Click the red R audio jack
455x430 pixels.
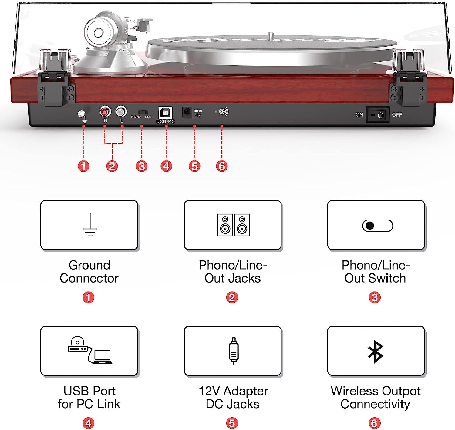(105, 112)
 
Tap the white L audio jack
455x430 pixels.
(121, 112)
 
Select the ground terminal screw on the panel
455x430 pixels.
(81, 114)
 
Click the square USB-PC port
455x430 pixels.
(165, 113)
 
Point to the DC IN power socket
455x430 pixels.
(187, 112)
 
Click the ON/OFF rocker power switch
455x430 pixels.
(377, 114)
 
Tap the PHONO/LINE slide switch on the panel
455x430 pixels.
(143, 113)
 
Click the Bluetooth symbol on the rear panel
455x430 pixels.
(223, 112)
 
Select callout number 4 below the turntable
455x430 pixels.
(166, 166)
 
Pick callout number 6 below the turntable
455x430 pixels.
(222, 166)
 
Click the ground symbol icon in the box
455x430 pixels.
(90, 225)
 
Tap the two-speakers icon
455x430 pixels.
(234, 225)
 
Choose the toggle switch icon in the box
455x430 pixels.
(377, 226)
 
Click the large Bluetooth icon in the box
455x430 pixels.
(376, 352)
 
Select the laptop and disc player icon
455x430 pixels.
(90, 350)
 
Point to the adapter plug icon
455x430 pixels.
(234, 351)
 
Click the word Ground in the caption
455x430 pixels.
(89, 265)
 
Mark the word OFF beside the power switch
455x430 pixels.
(397, 115)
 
